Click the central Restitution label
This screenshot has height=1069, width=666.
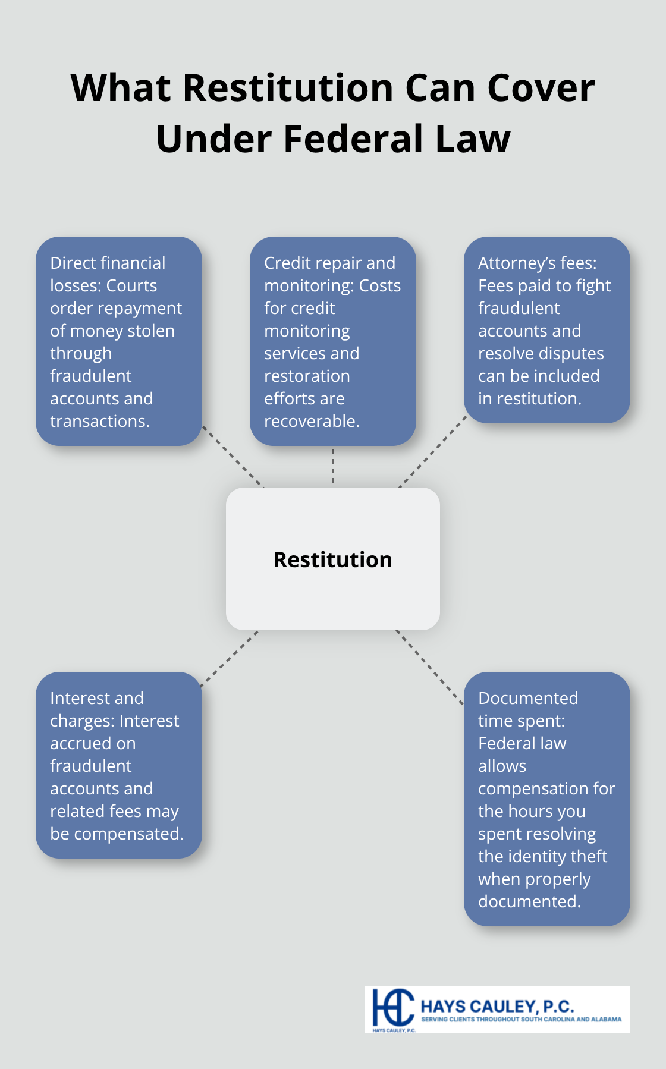pos(332,559)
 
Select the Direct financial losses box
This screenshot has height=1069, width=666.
pos(119,341)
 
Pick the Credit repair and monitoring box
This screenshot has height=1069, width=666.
pos(332,341)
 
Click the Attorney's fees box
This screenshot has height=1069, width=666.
pos(546,330)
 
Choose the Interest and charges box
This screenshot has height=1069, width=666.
pos(119,765)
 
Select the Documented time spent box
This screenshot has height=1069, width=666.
pos(546,799)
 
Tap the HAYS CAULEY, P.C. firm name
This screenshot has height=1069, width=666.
pos(497,1006)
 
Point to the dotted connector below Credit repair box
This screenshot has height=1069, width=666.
pos(333,466)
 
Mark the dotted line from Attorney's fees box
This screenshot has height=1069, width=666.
pos(433,452)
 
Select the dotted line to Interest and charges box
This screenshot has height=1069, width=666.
pos(230,659)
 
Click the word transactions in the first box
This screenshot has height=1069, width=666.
pos(99,421)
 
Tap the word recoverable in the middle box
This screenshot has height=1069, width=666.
pos(312,421)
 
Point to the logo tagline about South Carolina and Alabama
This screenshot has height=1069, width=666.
pos(521,1019)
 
